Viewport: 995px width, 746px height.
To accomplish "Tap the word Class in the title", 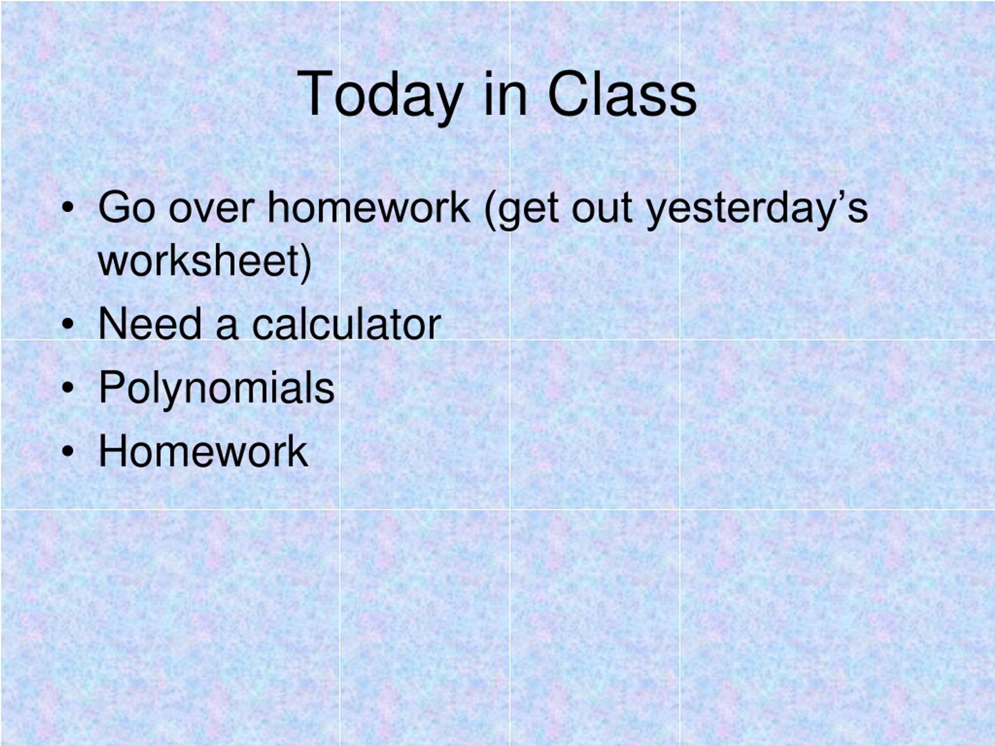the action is pyautogui.click(x=622, y=94).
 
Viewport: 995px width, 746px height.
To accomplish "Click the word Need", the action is pyautogui.click(x=150, y=324).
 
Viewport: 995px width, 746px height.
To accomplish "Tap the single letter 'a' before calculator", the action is pyautogui.click(x=226, y=328).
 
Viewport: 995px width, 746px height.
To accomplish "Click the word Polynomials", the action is pyautogui.click(x=216, y=388).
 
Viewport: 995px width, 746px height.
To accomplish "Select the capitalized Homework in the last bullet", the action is pyautogui.click(x=203, y=451).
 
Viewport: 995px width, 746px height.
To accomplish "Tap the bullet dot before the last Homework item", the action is pyautogui.click(x=68, y=452).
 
